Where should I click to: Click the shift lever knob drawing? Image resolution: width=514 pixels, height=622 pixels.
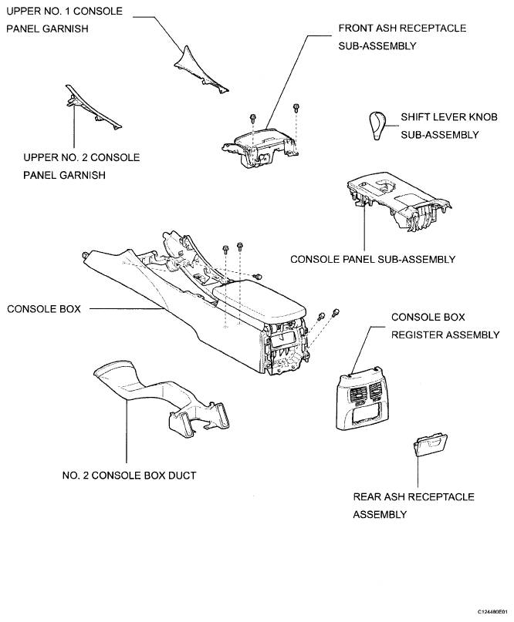pos(379,126)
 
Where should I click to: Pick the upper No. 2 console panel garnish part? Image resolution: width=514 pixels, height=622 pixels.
pos(92,108)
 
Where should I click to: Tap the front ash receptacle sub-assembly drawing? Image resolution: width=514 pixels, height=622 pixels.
pos(261,143)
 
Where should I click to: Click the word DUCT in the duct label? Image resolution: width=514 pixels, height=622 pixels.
pos(181,476)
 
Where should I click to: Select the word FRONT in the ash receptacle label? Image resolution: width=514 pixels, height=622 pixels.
pos(357,29)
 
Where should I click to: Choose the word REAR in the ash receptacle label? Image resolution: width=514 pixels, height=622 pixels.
pos(368,497)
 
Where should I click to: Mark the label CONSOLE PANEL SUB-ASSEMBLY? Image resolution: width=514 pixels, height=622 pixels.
pos(372,259)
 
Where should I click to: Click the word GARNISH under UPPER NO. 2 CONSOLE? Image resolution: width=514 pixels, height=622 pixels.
pos(83,175)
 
